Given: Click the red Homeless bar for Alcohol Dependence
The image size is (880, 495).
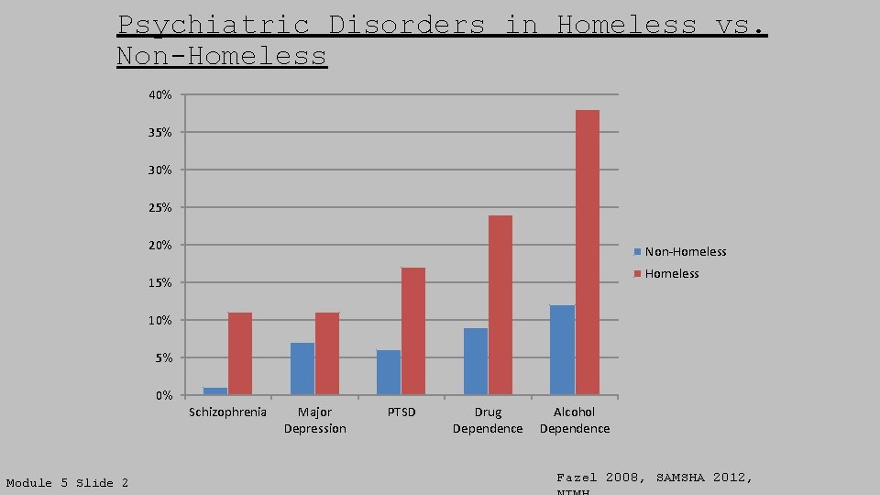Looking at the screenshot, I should pyautogui.click(x=588, y=252).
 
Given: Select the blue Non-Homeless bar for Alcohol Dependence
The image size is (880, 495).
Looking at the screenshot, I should pyautogui.click(x=562, y=349).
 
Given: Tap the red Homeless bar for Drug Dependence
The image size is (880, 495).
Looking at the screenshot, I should pyautogui.click(x=500, y=305).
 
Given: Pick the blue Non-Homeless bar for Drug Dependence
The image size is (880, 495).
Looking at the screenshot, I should pyautogui.click(x=476, y=361).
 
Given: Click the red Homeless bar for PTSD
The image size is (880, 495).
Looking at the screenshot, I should pyautogui.click(x=413, y=331).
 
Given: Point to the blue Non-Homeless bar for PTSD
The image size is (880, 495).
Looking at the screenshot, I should pyautogui.click(x=389, y=372).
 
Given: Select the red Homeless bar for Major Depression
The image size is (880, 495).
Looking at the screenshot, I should pyautogui.click(x=327, y=354).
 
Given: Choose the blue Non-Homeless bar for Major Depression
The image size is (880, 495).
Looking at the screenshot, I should pyautogui.click(x=302, y=368).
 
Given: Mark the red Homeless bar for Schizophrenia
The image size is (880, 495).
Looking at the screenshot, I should pyautogui.click(x=240, y=354).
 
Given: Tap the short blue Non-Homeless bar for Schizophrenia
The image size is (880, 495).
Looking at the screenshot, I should pyautogui.click(x=215, y=391).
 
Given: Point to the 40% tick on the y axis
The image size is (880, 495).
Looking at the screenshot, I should pyautogui.click(x=160, y=95).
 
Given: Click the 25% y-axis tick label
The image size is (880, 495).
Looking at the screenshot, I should pyautogui.click(x=160, y=208).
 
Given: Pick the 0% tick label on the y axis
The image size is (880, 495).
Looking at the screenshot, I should pyautogui.click(x=163, y=396).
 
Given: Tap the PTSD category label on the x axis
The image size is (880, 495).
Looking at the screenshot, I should pyautogui.click(x=401, y=412).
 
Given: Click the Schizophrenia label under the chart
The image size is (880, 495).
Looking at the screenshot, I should pyautogui.click(x=227, y=412).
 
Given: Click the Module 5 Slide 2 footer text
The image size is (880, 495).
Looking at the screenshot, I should pyautogui.click(x=68, y=483).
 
